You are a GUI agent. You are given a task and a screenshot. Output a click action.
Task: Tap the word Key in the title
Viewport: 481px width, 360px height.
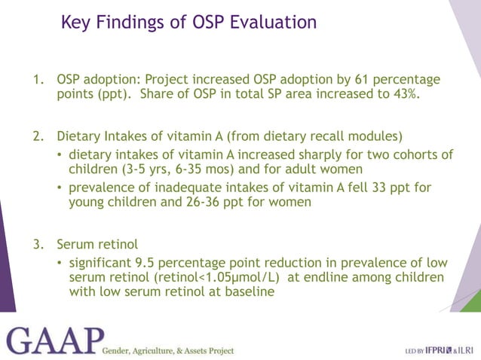point(76,23)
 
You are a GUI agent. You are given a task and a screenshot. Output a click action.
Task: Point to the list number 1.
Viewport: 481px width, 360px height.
point(37,80)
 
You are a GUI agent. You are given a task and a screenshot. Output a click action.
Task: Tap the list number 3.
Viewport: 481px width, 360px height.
point(37,245)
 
